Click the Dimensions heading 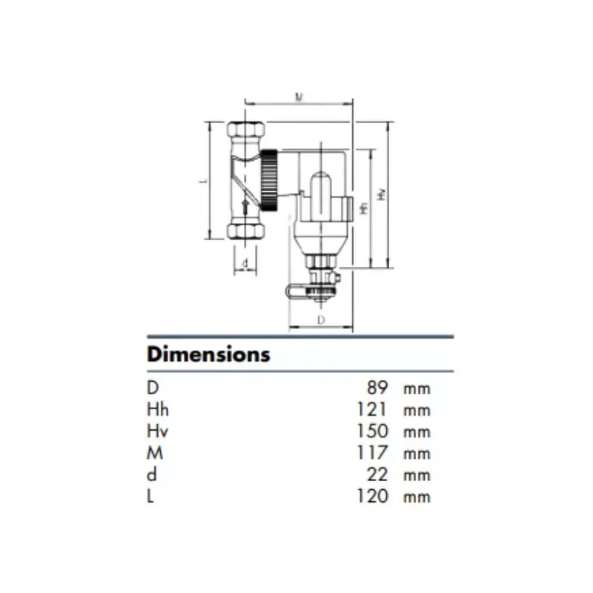pyautogui.click(x=208, y=355)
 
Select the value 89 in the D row pyautogui.click(x=377, y=388)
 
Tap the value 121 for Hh pyautogui.click(x=372, y=410)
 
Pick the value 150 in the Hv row pyautogui.click(x=372, y=431)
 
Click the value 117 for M pyautogui.click(x=372, y=453)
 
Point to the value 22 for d pyautogui.click(x=377, y=474)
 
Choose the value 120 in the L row pyautogui.click(x=372, y=496)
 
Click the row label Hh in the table pyautogui.click(x=158, y=410)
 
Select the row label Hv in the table pyautogui.click(x=157, y=431)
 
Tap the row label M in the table pyautogui.click(x=155, y=453)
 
